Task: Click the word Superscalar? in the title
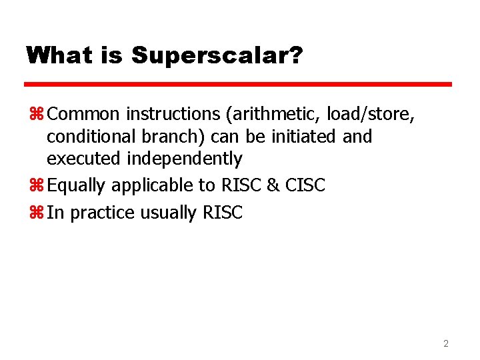(x=217, y=55)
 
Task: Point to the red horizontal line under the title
(x=238, y=85)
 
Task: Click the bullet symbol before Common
(x=35, y=115)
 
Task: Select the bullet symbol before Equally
(x=35, y=185)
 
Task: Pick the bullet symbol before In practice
(x=35, y=213)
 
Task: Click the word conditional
(x=93, y=137)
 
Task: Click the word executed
(x=85, y=159)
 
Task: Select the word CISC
(x=305, y=185)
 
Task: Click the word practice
(x=100, y=213)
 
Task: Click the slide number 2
(x=446, y=344)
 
